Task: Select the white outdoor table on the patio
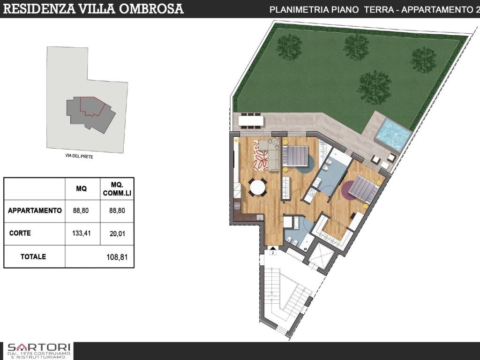click(x=251, y=121)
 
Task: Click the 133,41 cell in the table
click(x=82, y=233)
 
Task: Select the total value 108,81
click(x=117, y=257)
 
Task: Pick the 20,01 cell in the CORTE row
click(x=117, y=233)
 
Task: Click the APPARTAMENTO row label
click(x=35, y=211)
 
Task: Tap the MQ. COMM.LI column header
click(x=117, y=189)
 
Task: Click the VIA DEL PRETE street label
click(x=79, y=157)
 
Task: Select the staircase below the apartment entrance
click(x=289, y=295)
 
